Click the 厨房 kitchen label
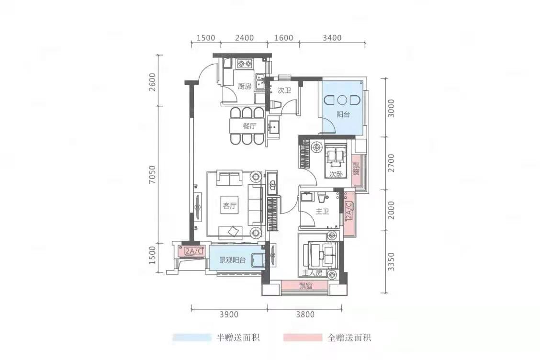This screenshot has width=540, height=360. pyautogui.click(x=245, y=86)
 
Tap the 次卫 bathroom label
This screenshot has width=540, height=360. pyautogui.click(x=284, y=90)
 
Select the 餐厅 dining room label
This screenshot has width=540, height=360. pyautogui.click(x=250, y=126)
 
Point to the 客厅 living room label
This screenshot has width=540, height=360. pyautogui.click(x=230, y=206)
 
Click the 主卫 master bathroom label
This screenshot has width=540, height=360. pyautogui.click(x=322, y=212)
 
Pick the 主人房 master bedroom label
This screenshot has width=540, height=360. pyautogui.click(x=313, y=273)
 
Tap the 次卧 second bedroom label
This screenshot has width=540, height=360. pyautogui.click(x=336, y=175)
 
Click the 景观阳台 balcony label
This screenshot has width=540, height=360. pyautogui.click(x=233, y=260)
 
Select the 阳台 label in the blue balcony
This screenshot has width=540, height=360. pyautogui.click(x=343, y=115)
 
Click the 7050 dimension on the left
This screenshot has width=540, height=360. pyautogui.click(x=152, y=174)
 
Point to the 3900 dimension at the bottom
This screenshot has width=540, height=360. pyautogui.click(x=229, y=314)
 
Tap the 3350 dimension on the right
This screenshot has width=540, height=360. pyautogui.click(x=391, y=261)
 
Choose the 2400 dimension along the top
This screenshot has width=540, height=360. pyautogui.click(x=244, y=37)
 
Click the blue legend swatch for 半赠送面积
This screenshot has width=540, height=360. pyautogui.click(x=192, y=337)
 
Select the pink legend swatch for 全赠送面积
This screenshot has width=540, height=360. pyautogui.click(x=303, y=337)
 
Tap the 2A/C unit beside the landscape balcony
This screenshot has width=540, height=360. pyautogui.click(x=192, y=251)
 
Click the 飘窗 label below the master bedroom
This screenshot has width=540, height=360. pyautogui.click(x=305, y=286)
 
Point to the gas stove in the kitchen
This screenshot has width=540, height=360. pyautogui.click(x=245, y=63)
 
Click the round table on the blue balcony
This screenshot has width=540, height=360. pyautogui.click(x=342, y=100)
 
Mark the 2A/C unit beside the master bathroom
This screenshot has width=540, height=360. pyautogui.click(x=349, y=214)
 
